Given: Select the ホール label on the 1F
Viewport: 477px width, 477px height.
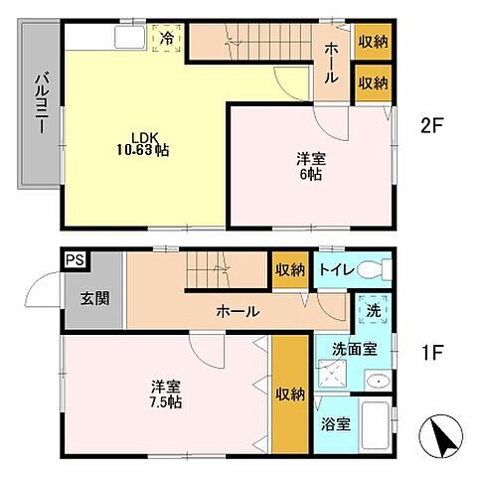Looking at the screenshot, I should pyautogui.click(x=238, y=311).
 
